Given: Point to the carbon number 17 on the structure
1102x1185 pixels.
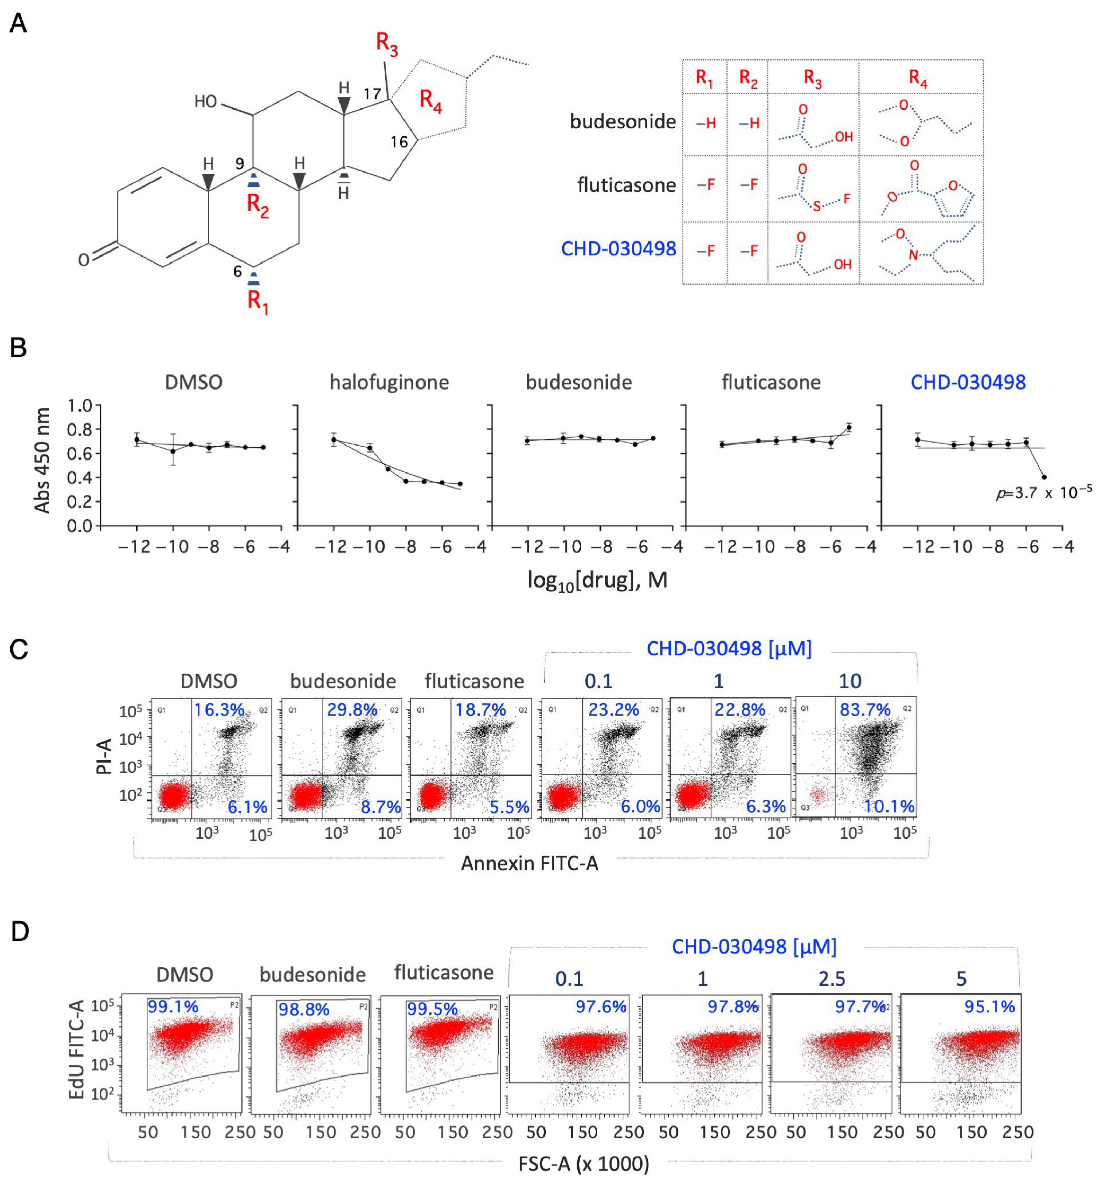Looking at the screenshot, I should coord(372,93).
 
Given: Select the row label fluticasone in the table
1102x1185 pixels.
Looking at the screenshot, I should coord(626,185).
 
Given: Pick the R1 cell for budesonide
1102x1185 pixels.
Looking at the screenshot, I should coord(706,124).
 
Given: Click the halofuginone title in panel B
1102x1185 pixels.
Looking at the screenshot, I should coord(389,382).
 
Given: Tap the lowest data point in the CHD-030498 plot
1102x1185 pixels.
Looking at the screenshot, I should coord(1044,477).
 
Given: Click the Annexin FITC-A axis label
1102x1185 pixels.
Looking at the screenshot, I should coord(529,863).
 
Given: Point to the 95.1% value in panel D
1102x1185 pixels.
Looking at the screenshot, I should coord(989,1007).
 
